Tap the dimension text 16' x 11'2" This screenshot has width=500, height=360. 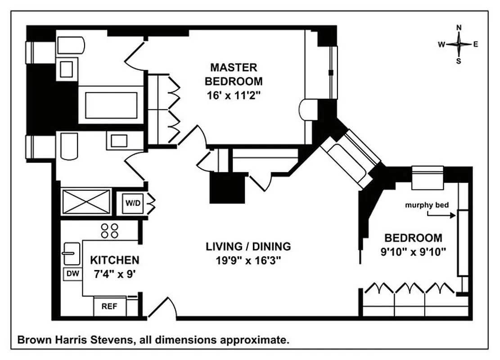coord(234,95)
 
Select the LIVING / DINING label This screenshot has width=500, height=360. coord(248,247)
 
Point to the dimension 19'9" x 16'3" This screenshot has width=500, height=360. coord(248,261)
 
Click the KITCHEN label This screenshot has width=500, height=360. coord(115,260)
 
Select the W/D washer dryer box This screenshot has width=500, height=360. coord(132,203)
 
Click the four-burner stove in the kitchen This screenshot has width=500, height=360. coord(110,231)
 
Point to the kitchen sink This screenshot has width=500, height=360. coord(71,253)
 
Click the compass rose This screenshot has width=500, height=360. coord(459,44)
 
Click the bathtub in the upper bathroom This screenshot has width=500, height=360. coord(111,105)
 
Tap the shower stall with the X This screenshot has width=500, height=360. coord(86,202)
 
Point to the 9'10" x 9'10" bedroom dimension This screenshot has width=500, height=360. coord(413,252)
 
